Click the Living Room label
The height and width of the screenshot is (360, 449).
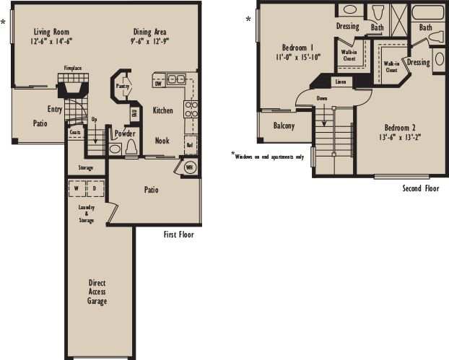pos(51,32)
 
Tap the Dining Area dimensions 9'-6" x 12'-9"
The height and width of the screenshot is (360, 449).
pos(150,41)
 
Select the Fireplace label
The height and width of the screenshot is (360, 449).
pos(73,68)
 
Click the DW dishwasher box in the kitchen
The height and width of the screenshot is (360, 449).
pos(158,83)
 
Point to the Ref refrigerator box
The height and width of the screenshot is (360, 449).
pos(190,144)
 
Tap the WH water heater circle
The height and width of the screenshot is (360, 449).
pos(190,167)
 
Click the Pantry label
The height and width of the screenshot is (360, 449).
pos(123,86)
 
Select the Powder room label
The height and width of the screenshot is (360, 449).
pos(125,133)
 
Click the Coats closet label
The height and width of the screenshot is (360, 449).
pos(75,133)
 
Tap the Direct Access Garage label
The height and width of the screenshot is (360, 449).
pos(97,291)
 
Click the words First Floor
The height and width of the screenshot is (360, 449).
pos(178,234)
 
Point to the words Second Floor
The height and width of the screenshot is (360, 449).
pos(420,188)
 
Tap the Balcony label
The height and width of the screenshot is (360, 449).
pos(284,126)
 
